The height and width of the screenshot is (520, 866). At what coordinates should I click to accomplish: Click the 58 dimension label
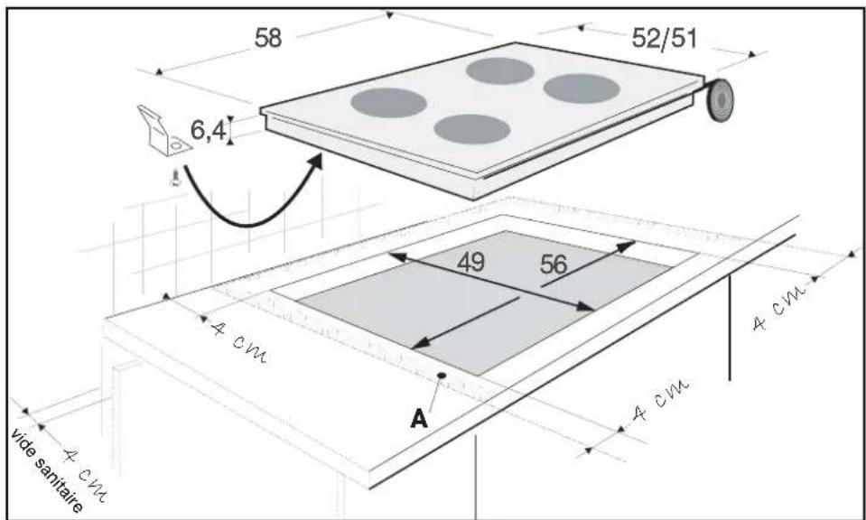268,38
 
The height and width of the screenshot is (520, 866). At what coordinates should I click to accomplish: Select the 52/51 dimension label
665,39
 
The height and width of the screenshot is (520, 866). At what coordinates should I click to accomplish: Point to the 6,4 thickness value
209,130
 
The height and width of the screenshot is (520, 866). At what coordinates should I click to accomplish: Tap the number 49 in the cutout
470,263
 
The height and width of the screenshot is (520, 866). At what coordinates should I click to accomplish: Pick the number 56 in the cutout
554,265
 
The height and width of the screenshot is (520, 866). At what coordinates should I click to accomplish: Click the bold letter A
419,420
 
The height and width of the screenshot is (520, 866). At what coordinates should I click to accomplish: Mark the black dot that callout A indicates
442,376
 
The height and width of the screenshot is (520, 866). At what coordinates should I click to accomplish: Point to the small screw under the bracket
175,178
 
